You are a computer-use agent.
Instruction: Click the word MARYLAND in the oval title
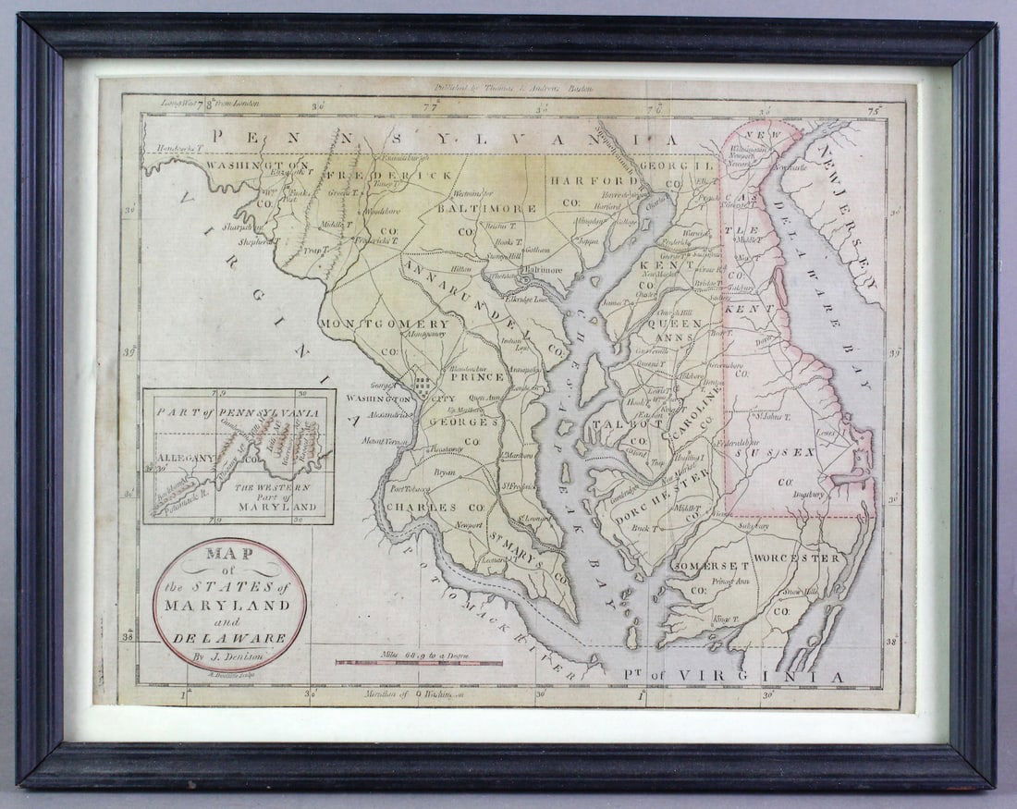click(x=228, y=605)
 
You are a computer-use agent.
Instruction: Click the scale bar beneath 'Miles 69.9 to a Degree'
click(x=419, y=663)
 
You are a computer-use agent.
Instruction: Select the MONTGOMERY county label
click(x=385, y=325)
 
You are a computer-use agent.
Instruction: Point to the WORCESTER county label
click(x=797, y=558)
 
